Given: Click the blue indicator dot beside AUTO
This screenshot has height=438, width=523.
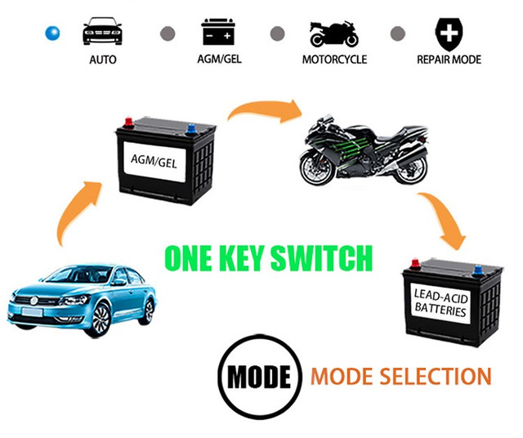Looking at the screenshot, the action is [52, 34].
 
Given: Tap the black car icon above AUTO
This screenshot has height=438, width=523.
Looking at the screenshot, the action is [102, 31].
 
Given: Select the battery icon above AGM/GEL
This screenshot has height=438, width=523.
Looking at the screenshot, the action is [218, 32].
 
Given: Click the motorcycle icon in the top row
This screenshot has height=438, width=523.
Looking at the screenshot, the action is [334, 34].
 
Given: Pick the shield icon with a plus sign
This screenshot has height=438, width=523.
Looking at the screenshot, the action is [449, 34].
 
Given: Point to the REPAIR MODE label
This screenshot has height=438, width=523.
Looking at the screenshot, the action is [449, 60].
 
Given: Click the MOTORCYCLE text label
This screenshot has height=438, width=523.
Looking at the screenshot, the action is [334, 60].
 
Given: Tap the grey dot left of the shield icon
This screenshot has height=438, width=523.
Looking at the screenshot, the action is [398, 34].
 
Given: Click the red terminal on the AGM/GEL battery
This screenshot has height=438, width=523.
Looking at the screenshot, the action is [128, 123].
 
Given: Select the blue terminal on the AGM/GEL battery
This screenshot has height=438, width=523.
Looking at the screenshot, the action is [190, 128].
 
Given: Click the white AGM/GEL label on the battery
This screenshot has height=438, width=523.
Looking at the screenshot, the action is [154, 162].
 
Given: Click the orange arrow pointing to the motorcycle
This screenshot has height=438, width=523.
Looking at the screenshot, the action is [265, 110].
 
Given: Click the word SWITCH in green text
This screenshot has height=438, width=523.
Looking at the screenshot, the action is [321, 258].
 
